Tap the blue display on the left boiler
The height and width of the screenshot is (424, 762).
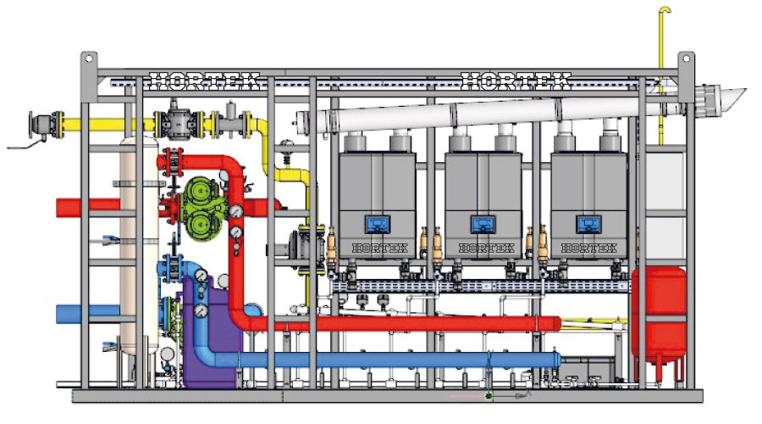(x=377, y=225)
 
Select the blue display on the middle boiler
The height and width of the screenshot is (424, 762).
(x=483, y=225)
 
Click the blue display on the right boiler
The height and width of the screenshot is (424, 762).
(x=589, y=225)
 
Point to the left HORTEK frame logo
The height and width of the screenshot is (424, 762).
(x=204, y=81)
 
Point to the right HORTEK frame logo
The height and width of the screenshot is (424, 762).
(x=516, y=81)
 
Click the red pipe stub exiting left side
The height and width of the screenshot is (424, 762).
(x=88, y=207)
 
